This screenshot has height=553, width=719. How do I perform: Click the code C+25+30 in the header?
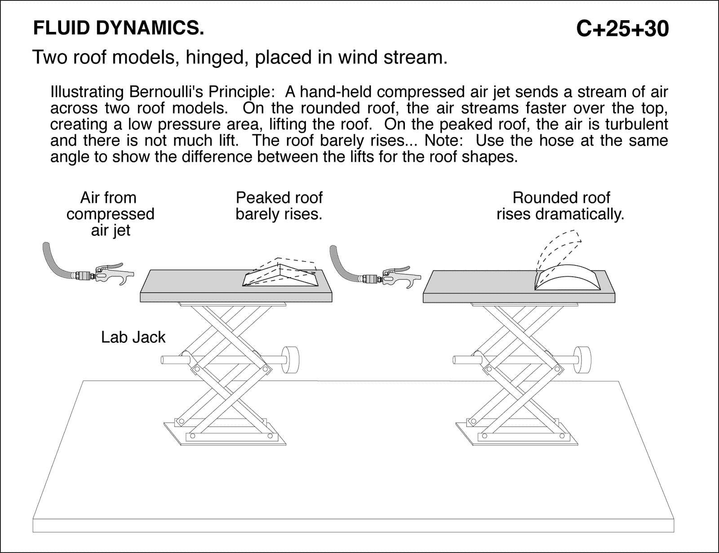coord(622,29)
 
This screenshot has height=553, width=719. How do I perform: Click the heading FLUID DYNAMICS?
coord(119,28)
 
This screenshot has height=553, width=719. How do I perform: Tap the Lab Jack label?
coord(133,337)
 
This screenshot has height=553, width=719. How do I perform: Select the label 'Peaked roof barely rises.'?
coord(279,206)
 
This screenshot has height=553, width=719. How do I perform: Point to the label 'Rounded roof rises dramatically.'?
coord(560,206)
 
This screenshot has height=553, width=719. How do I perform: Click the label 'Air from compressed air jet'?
coord(110,214)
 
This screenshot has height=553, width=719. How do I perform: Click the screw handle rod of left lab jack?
coord(173,359)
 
